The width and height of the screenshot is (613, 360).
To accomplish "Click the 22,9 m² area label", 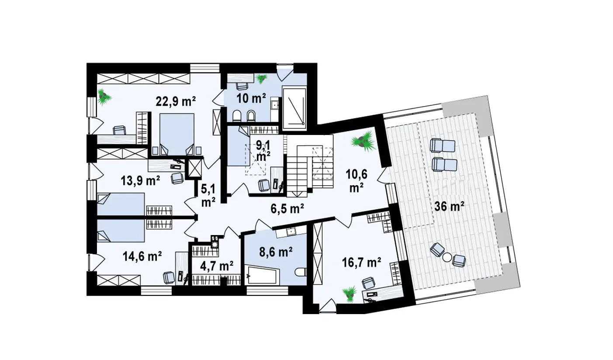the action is [x=175, y=101].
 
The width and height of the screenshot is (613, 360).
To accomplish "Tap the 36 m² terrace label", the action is [x=449, y=206].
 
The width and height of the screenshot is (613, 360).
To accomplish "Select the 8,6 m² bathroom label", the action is [x=276, y=252].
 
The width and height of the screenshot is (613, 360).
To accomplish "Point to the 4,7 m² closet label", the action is [x=216, y=266].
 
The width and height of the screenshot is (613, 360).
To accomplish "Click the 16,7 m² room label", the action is [x=361, y=263].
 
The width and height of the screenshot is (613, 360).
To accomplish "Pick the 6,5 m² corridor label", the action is [x=287, y=209].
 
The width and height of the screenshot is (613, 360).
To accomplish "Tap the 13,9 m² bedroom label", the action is [x=140, y=181].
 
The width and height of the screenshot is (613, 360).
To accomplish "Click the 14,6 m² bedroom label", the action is [x=142, y=256].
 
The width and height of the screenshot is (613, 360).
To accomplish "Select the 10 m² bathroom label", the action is [x=251, y=98].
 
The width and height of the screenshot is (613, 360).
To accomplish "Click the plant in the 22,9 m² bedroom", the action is [x=104, y=97].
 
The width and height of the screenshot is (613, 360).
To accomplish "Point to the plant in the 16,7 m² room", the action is [x=350, y=294].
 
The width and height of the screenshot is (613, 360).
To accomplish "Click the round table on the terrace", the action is [x=447, y=257].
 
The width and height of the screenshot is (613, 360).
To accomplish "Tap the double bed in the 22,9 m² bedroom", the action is [x=177, y=135].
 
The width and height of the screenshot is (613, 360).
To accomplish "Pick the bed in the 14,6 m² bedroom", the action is [x=121, y=231].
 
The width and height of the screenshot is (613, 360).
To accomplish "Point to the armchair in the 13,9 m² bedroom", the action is [x=177, y=179].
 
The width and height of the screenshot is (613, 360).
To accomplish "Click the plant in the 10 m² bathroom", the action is [x=261, y=79].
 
